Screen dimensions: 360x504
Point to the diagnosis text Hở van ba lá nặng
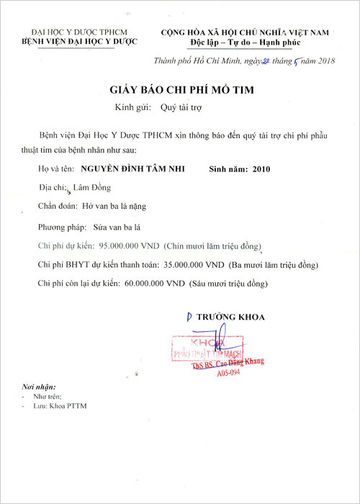[x=114, y=206]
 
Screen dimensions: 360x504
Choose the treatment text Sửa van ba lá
[x=107, y=227]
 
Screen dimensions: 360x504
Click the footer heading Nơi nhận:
[x=37, y=387]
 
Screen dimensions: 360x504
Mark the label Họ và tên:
[x=55, y=171]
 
